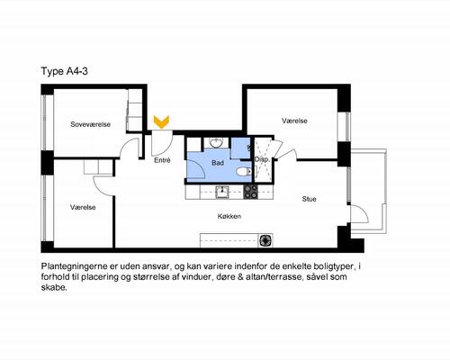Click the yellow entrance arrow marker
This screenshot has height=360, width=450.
point(161,121)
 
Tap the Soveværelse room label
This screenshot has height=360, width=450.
point(90,125)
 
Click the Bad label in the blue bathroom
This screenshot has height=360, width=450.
point(218,163)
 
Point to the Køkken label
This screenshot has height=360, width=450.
point(229,216)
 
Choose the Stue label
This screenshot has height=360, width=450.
point(309,199)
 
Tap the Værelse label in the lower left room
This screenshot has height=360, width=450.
point(83,207)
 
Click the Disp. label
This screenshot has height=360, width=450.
point(263,159)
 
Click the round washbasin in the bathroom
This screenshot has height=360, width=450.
point(217,144)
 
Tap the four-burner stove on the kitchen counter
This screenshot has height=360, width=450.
point(249,191)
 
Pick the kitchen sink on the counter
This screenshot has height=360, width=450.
point(221,191)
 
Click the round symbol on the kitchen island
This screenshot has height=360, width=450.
point(265,239)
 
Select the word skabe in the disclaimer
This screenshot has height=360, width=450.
point(54,291)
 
